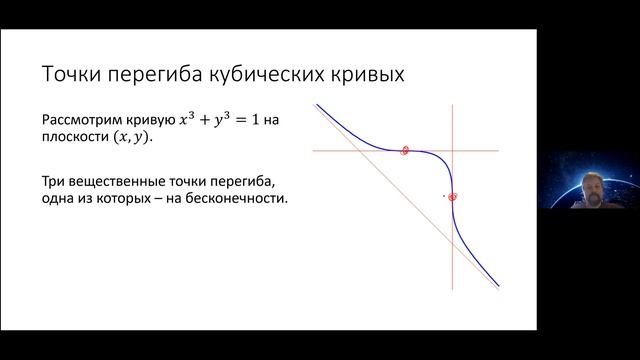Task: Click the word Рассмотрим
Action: point(83,119)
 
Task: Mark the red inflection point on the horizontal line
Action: point(405,151)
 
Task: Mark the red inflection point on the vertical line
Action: point(453,197)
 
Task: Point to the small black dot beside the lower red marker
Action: point(444,196)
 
